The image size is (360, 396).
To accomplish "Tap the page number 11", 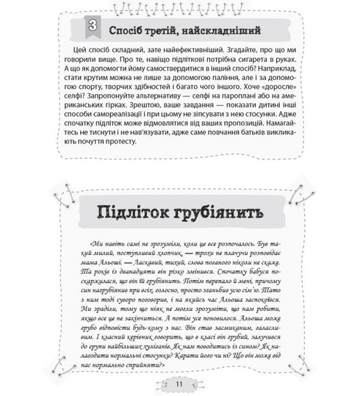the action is pyautogui.click(x=180, y=383).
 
